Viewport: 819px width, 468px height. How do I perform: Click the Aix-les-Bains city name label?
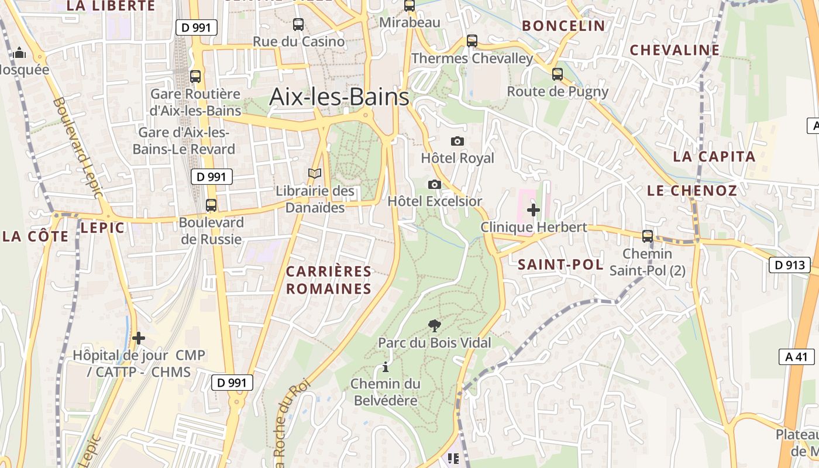(x=339, y=97)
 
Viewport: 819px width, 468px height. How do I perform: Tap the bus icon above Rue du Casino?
(x=298, y=25)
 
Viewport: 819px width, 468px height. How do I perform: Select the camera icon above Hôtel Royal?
(x=457, y=141)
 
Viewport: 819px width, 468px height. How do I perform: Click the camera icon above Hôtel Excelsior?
(x=434, y=184)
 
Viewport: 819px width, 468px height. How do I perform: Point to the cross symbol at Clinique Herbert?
(x=534, y=209)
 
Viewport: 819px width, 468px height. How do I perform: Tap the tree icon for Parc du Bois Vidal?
(x=434, y=325)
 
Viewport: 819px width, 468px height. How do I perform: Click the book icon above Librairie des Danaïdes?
(x=315, y=174)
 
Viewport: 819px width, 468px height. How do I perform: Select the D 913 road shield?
(x=789, y=265)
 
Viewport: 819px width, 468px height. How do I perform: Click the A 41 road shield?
(x=797, y=357)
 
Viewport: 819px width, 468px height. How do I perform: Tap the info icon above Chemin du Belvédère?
(x=385, y=367)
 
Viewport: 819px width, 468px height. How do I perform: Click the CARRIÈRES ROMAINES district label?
(x=329, y=280)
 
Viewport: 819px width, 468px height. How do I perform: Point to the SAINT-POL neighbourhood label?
(x=560, y=264)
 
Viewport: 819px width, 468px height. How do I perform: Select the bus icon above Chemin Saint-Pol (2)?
(x=648, y=236)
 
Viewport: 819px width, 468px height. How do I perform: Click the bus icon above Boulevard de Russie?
(x=211, y=205)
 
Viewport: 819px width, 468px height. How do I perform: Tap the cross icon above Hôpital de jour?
(x=139, y=338)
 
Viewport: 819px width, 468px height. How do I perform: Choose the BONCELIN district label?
(x=563, y=26)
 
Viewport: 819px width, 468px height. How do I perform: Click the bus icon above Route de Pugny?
(x=558, y=74)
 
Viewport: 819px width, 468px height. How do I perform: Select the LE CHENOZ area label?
(x=692, y=191)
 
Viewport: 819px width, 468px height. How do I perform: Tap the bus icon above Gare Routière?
(x=195, y=76)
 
